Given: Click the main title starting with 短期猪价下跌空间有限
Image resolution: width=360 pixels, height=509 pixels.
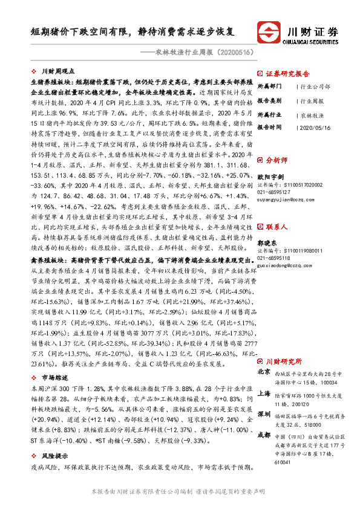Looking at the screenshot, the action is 133,30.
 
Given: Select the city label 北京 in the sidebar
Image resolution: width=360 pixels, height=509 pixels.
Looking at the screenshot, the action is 264,372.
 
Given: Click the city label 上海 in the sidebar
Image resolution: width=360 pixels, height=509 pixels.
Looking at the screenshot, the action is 264,393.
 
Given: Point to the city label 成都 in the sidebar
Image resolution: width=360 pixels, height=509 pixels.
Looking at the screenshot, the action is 264,435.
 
